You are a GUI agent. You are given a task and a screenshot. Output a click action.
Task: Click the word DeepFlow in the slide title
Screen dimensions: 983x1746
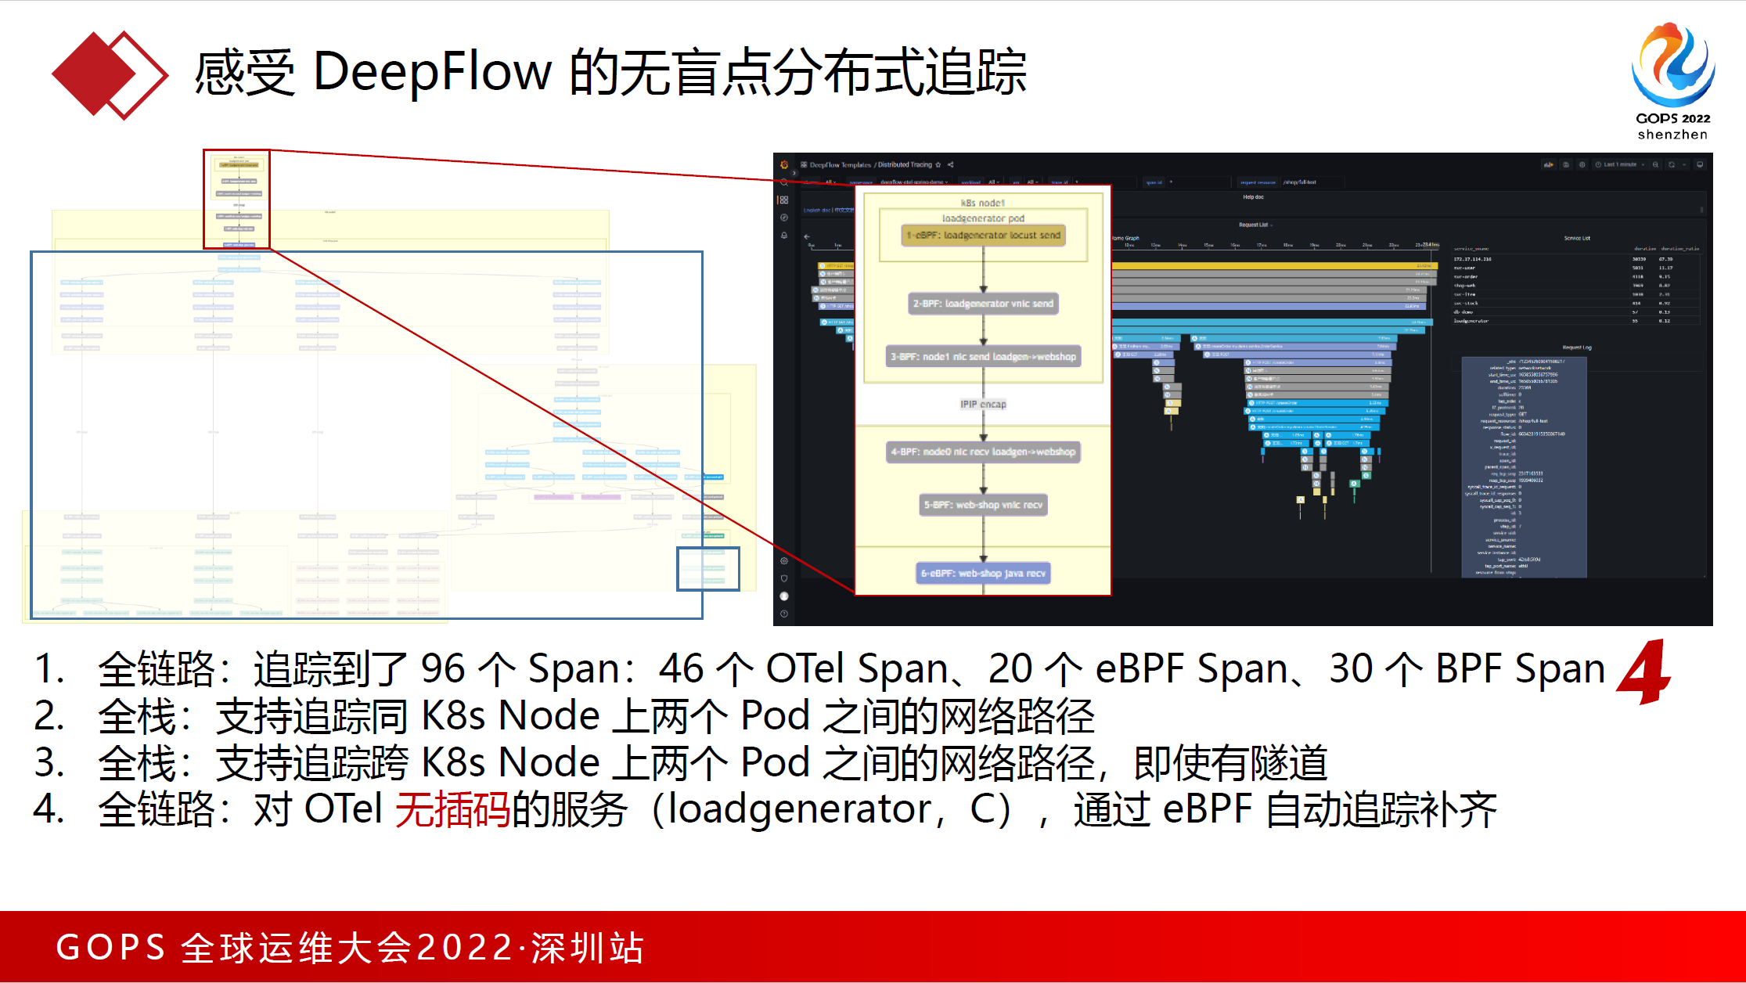tap(432, 72)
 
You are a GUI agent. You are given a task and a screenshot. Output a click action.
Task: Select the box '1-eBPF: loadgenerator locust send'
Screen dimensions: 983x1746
tap(983, 235)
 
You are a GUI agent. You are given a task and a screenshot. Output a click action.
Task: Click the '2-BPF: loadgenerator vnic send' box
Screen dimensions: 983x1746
tap(983, 304)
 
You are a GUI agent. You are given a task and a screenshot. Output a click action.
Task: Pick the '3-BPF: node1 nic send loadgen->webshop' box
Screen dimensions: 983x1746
tap(983, 357)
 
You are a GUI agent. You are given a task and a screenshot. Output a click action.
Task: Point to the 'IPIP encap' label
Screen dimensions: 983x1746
tap(983, 405)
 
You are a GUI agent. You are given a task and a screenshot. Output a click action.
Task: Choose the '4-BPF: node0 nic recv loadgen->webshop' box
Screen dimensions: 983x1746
tap(983, 452)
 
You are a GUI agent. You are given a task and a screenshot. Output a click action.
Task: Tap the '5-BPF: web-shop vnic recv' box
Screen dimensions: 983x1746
tap(983, 505)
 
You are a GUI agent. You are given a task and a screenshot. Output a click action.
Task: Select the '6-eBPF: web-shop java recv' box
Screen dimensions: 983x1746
tap(983, 574)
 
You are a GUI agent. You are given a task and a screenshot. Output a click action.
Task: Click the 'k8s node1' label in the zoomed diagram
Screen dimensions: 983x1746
tap(983, 203)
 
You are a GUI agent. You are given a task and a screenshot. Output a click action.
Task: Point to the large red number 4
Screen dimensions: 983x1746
tap(1644, 672)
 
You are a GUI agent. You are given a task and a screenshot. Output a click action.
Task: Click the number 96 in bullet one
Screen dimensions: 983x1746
tap(443, 669)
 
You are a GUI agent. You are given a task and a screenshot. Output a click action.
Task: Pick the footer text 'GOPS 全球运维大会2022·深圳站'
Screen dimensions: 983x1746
tap(350, 948)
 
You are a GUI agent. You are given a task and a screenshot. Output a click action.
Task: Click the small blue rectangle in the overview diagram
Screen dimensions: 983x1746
tap(707, 568)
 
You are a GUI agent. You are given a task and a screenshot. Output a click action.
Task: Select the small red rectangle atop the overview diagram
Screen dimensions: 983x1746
tap(236, 200)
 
